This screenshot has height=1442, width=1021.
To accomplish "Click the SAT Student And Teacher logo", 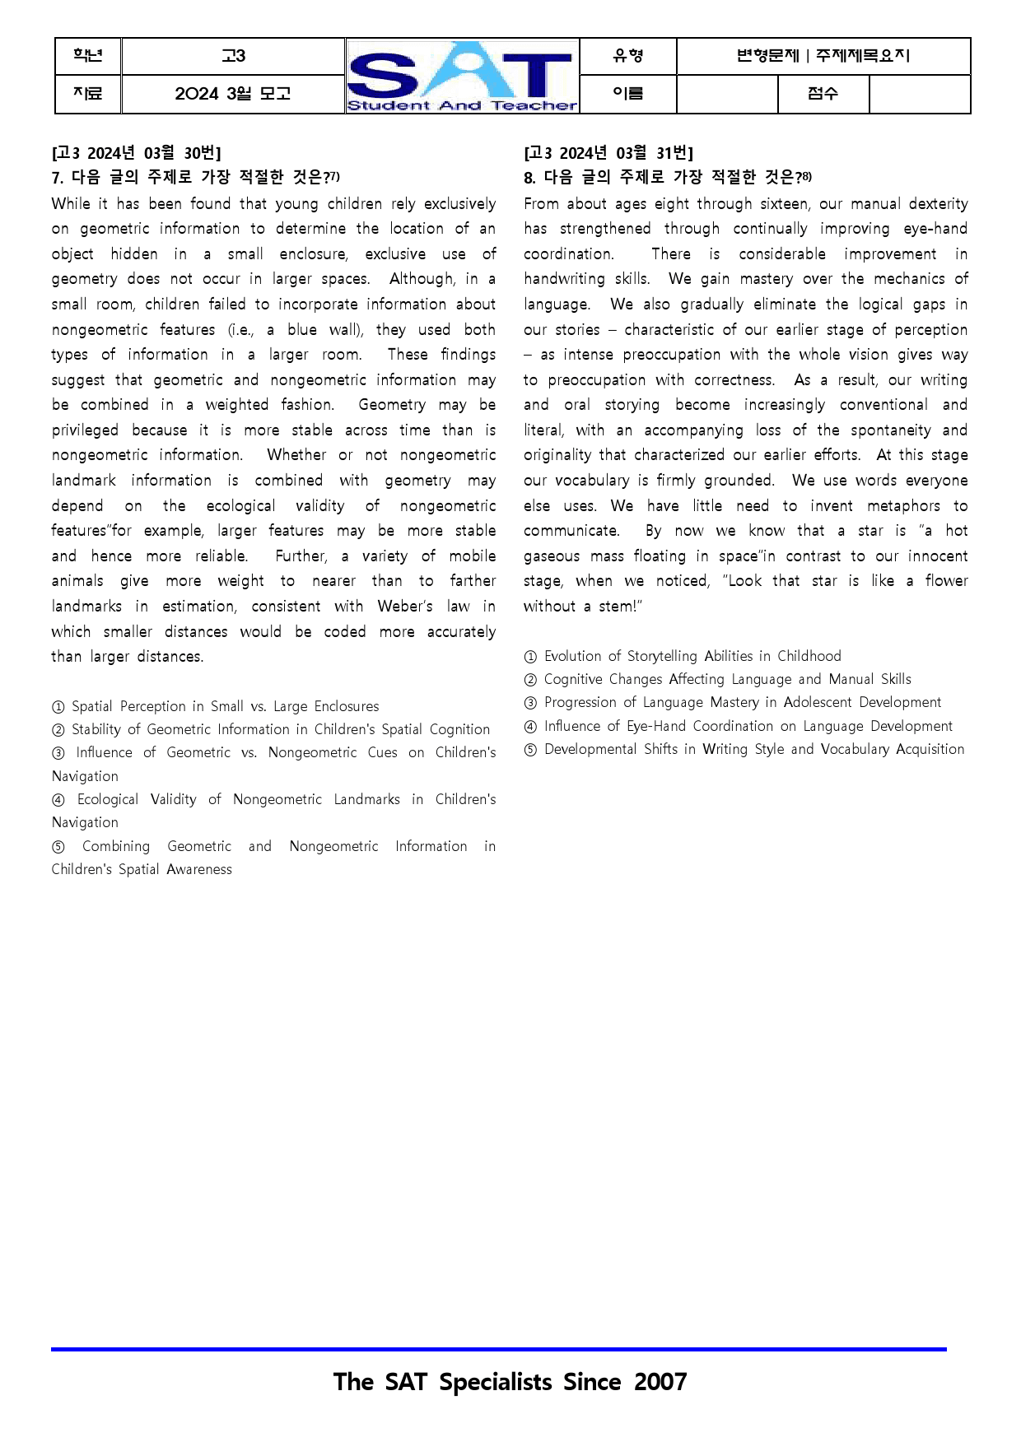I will point(462,76).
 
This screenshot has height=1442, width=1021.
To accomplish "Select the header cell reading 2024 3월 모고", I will point(233,94).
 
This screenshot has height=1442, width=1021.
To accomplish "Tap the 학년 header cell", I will point(88,56).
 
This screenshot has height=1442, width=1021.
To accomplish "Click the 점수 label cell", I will point(823,94).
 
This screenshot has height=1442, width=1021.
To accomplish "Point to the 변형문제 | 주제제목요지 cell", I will point(823,56).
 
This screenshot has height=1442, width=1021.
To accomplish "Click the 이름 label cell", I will point(627,94).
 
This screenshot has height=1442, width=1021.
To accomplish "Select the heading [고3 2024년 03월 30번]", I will point(136,153).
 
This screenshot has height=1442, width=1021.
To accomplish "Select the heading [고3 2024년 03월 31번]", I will point(608,153).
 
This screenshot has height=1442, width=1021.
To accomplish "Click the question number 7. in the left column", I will point(58,178).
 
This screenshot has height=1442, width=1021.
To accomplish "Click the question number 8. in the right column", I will point(529,178).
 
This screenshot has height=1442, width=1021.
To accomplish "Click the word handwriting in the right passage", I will point(564,279).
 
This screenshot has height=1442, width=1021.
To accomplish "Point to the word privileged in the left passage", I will point(85,430).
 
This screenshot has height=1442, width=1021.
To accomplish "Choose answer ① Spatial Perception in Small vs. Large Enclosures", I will point(215,707).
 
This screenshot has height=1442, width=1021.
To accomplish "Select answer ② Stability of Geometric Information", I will point(271,730).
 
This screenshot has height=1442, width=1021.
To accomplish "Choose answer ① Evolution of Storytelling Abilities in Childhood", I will point(683,657).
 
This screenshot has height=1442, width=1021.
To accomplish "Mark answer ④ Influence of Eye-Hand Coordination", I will point(738,727).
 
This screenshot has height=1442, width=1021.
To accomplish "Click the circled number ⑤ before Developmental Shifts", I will point(531,750).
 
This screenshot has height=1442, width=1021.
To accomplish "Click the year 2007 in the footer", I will point(660,1382).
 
